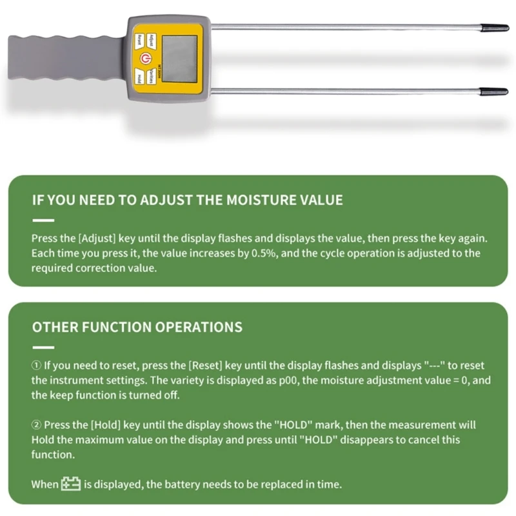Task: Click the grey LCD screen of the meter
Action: pos(179,59)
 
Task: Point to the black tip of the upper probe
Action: pos(497,28)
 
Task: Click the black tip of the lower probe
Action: pos(497,92)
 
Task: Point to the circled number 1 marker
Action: pos(36,365)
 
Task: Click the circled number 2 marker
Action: pos(36,425)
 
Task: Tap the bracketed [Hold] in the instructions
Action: pos(104,425)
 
